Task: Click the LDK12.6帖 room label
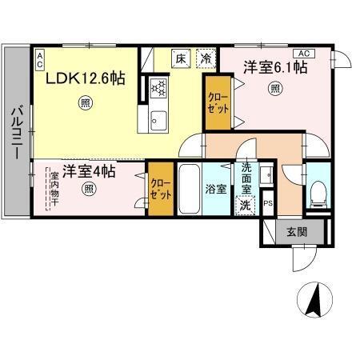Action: pos(83,80)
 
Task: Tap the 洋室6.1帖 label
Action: pos(275,69)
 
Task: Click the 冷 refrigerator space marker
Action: pos(206,58)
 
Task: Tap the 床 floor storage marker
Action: pos(182,58)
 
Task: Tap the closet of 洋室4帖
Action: pos(159,189)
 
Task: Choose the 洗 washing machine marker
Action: pos(245,204)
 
